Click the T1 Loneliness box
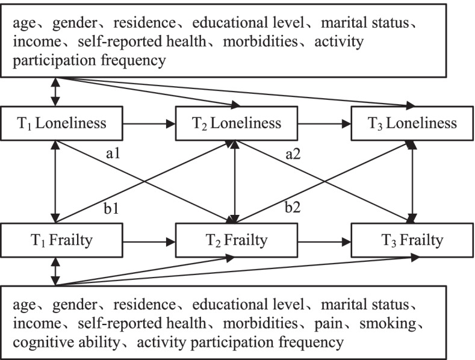click(x=63, y=123)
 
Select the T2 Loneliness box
click(x=237, y=123)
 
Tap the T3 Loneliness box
click(x=412, y=123)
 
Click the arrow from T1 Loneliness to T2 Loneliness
click(x=150, y=124)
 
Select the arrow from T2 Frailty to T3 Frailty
click(x=324, y=241)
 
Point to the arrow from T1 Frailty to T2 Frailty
click(x=150, y=241)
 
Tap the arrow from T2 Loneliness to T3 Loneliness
click(x=324, y=124)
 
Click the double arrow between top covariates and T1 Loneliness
click(x=56, y=92)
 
